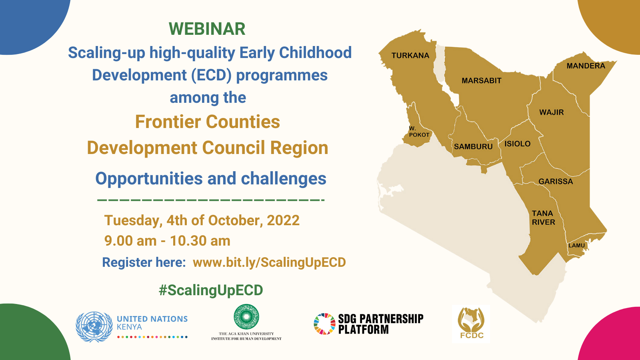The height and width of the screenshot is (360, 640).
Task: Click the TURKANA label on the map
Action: pos(410,56)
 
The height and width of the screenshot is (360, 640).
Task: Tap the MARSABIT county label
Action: pos(482,80)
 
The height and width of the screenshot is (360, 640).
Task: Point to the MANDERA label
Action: pos(586,66)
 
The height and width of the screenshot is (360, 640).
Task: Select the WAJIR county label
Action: pos(552,112)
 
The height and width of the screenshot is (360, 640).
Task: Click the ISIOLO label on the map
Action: pos(518,144)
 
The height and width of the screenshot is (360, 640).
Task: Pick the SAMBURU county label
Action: pos(473,146)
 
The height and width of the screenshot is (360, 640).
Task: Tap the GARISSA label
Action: pos(556,182)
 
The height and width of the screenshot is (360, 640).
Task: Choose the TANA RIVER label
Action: pos(544,218)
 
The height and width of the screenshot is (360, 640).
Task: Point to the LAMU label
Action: pos(576,246)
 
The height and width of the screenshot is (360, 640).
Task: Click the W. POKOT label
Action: pos(419,132)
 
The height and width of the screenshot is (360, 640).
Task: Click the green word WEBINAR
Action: pos(207,29)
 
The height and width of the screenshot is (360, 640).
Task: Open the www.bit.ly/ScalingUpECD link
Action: pos(269,262)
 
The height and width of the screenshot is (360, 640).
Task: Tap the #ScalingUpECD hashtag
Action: pos(211,290)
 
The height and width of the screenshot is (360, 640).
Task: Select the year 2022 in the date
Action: pos(283,220)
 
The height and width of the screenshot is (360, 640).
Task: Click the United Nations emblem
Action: pos(94,327)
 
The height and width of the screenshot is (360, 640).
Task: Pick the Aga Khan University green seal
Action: pos(246,316)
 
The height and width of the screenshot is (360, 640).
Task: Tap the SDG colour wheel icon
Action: pos(324,324)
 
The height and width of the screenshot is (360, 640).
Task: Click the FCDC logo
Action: pos(471,324)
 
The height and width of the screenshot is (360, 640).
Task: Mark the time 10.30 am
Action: pos(200,240)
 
